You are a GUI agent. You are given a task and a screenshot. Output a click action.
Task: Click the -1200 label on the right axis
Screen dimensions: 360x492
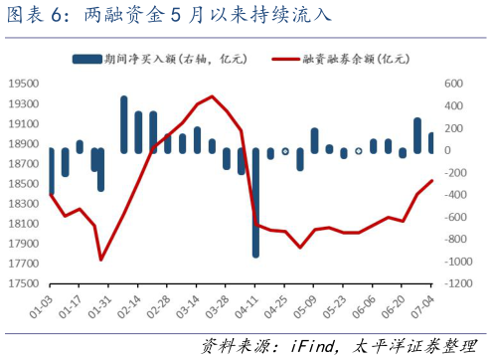coord(458,283)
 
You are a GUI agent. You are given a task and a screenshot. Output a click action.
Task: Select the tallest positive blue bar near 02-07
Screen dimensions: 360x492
coord(124,124)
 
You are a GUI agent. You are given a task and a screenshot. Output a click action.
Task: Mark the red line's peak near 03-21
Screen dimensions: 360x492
coord(213,97)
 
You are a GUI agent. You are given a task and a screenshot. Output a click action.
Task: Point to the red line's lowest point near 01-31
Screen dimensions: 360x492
coord(101,260)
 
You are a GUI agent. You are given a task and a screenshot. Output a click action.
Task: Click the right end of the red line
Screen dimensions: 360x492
coord(431,181)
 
